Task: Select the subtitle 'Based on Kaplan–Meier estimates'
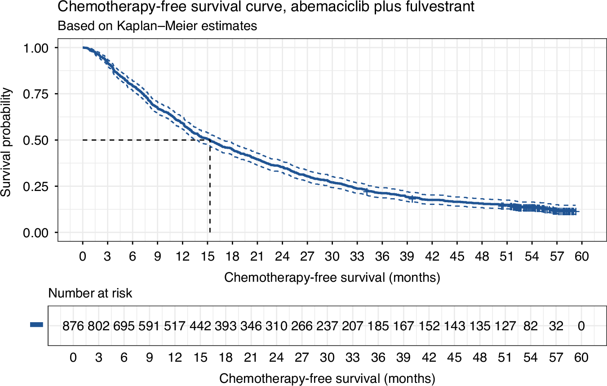pyautogui.click(x=157, y=26)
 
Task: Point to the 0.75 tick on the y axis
pyautogui.click(x=40, y=94)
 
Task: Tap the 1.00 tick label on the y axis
pyautogui.click(x=40, y=48)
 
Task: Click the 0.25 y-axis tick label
pyautogui.click(x=40, y=186)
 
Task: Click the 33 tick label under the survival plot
pyautogui.click(x=357, y=256)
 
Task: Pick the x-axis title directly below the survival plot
pyautogui.click(x=332, y=277)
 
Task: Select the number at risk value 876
pyautogui.click(x=73, y=326)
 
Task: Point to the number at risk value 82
pyautogui.click(x=531, y=326)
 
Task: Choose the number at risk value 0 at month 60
pyautogui.click(x=581, y=326)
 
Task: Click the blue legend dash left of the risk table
pyautogui.click(x=36, y=325)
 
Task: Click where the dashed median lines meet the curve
pyautogui.click(x=210, y=140)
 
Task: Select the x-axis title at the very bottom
pyautogui.click(x=327, y=379)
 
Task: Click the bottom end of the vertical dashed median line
pyautogui.click(x=210, y=232)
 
